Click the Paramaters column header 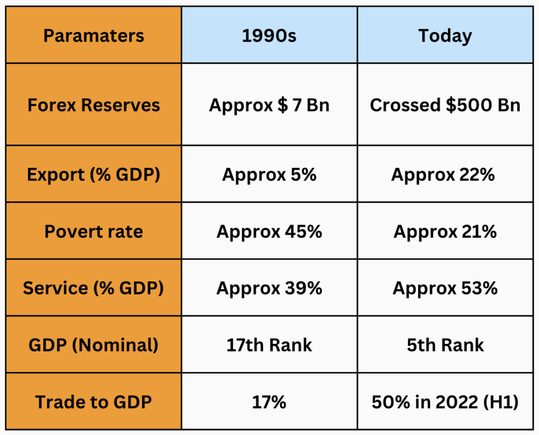click(94, 36)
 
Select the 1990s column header click(269, 36)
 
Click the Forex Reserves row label click(94, 105)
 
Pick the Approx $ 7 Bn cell click(269, 105)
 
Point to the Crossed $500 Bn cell click(445, 105)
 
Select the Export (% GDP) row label click(94, 175)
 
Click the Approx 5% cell click(269, 175)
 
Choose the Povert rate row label click(94, 231)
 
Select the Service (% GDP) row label click(94, 288)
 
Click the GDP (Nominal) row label click(94, 345)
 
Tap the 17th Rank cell click(269, 345)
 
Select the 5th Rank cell click(445, 345)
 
